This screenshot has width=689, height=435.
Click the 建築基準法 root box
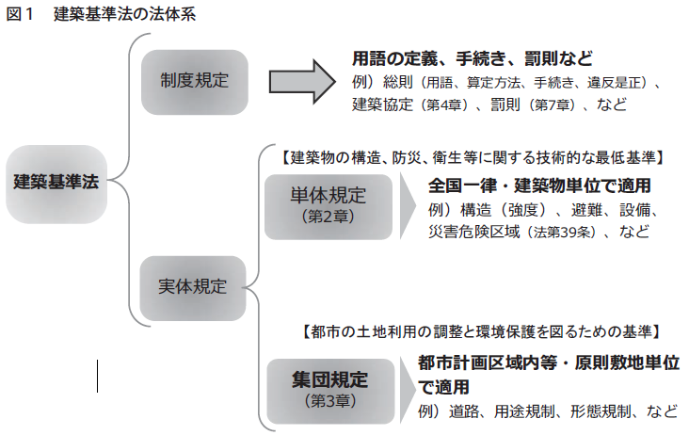(56, 183)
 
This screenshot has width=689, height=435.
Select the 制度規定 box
(194, 79)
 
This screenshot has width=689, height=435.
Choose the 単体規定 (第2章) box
(328, 205)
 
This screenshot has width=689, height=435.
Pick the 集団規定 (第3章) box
(328, 389)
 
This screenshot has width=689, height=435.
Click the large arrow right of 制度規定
(301, 79)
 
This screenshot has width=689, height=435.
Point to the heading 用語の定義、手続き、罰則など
(472, 57)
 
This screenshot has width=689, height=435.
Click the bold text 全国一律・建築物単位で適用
(539, 185)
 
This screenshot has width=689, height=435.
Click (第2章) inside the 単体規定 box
(328, 217)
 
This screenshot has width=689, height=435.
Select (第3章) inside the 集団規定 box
(328, 401)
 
